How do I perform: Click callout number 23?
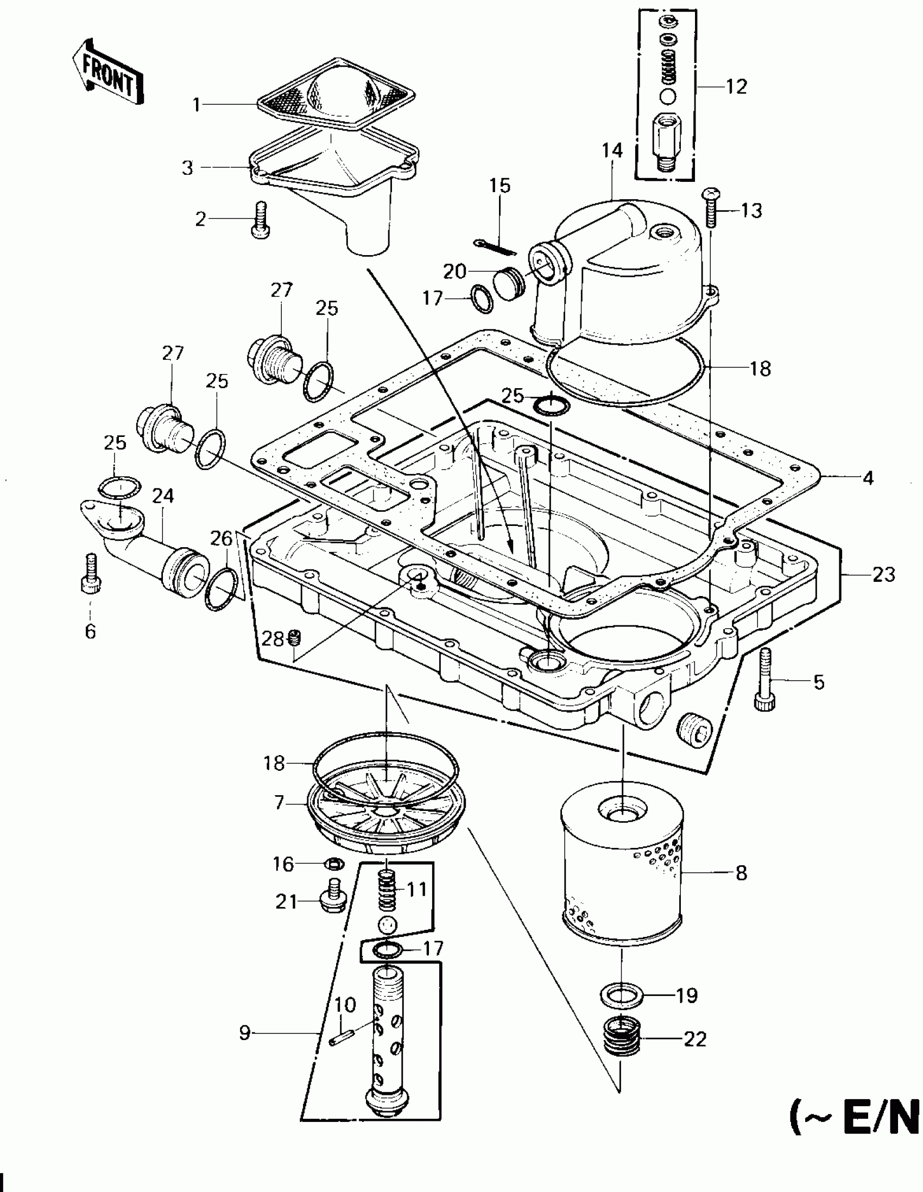pos(883,574)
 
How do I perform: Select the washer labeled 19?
pos(622,995)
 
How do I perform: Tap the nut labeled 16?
pos(333,864)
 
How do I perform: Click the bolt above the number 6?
pos(91,574)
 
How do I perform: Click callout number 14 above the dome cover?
pos(612,151)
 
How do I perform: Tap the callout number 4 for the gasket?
pos(868,478)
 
